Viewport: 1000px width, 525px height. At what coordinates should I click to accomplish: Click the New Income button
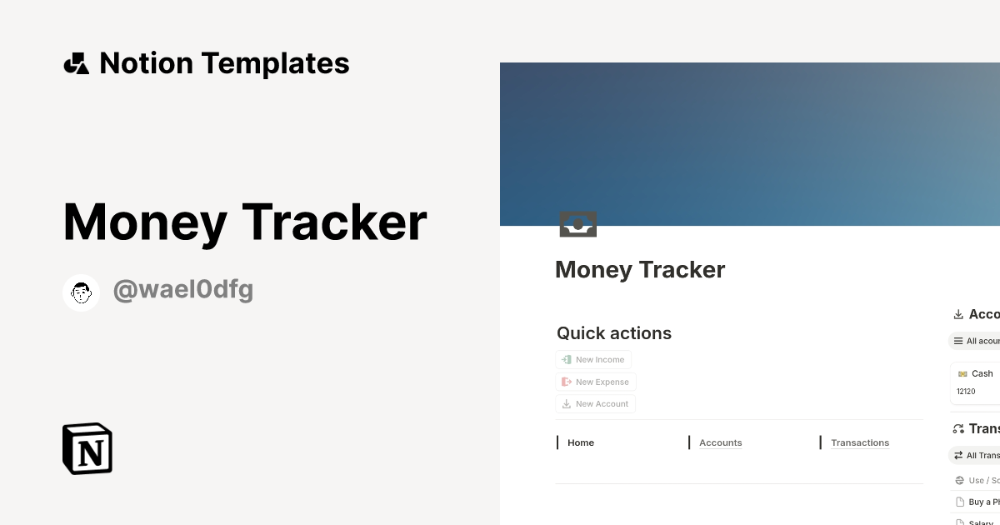click(593, 360)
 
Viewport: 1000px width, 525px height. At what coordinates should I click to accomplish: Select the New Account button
click(595, 404)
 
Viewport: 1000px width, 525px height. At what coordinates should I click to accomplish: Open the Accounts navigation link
click(720, 443)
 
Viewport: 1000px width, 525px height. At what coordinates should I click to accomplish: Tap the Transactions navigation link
click(859, 443)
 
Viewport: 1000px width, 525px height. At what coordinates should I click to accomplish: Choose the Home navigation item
click(581, 443)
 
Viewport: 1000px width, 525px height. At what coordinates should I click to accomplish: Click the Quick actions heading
click(614, 333)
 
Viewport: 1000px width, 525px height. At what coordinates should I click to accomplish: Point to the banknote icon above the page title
click(578, 224)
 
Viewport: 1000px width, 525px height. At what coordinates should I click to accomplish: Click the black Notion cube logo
click(87, 448)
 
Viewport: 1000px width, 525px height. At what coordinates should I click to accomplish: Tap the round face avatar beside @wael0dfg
click(82, 292)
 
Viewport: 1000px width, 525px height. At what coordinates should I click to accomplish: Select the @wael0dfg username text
click(183, 291)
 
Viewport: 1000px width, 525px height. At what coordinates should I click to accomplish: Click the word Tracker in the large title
click(334, 223)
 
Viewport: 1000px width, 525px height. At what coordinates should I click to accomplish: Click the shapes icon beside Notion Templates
click(77, 63)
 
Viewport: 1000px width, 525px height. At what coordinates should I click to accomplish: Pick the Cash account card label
click(982, 374)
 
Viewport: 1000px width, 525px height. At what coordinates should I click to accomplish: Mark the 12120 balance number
click(966, 392)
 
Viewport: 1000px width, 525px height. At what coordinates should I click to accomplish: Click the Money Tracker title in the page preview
click(640, 270)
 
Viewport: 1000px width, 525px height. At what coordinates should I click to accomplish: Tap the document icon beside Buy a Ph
click(959, 502)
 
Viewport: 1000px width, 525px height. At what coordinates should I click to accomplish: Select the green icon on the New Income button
click(567, 360)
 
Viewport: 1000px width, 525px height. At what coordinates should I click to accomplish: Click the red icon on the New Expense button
click(567, 382)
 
